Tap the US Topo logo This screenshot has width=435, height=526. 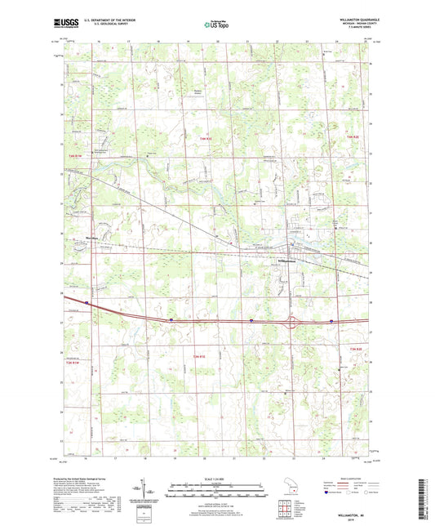[217, 25]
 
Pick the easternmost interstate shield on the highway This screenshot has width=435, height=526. [331, 321]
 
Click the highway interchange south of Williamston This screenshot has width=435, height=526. [292, 320]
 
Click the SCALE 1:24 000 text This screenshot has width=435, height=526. [216, 479]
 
